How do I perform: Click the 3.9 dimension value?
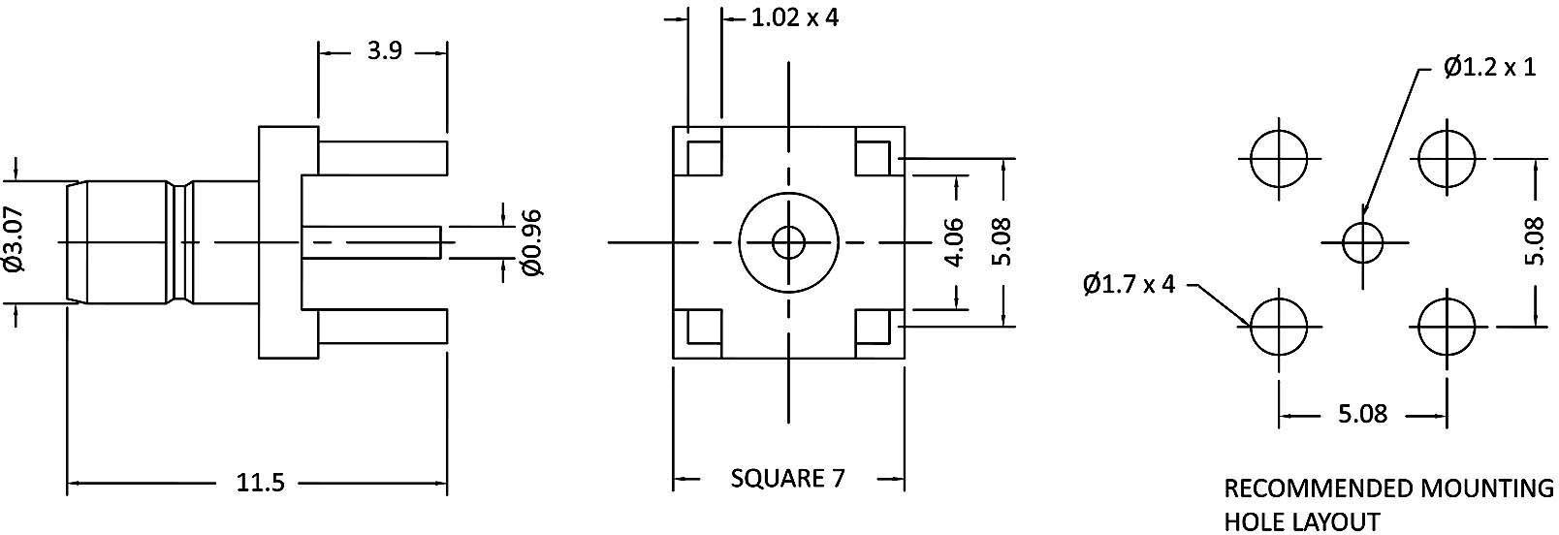tap(384, 51)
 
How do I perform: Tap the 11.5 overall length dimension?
tap(260, 482)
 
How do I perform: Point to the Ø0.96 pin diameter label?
tap(531, 241)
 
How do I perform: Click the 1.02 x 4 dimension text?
tap(794, 17)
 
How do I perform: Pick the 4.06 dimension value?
tap(955, 241)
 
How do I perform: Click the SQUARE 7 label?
tap(787, 478)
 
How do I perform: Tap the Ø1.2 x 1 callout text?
tap(1489, 68)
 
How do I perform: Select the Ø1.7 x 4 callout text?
tap(1129, 284)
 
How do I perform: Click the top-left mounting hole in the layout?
tap(1279, 158)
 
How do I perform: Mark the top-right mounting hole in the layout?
tap(1447, 158)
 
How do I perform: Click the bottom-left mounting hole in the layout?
tap(1279, 326)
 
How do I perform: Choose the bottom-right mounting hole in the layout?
tap(1447, 326)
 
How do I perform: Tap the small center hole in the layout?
tap(1363, 241)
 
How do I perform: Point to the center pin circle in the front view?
tap(788, 241)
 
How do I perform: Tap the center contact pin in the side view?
tap(372, 241)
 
